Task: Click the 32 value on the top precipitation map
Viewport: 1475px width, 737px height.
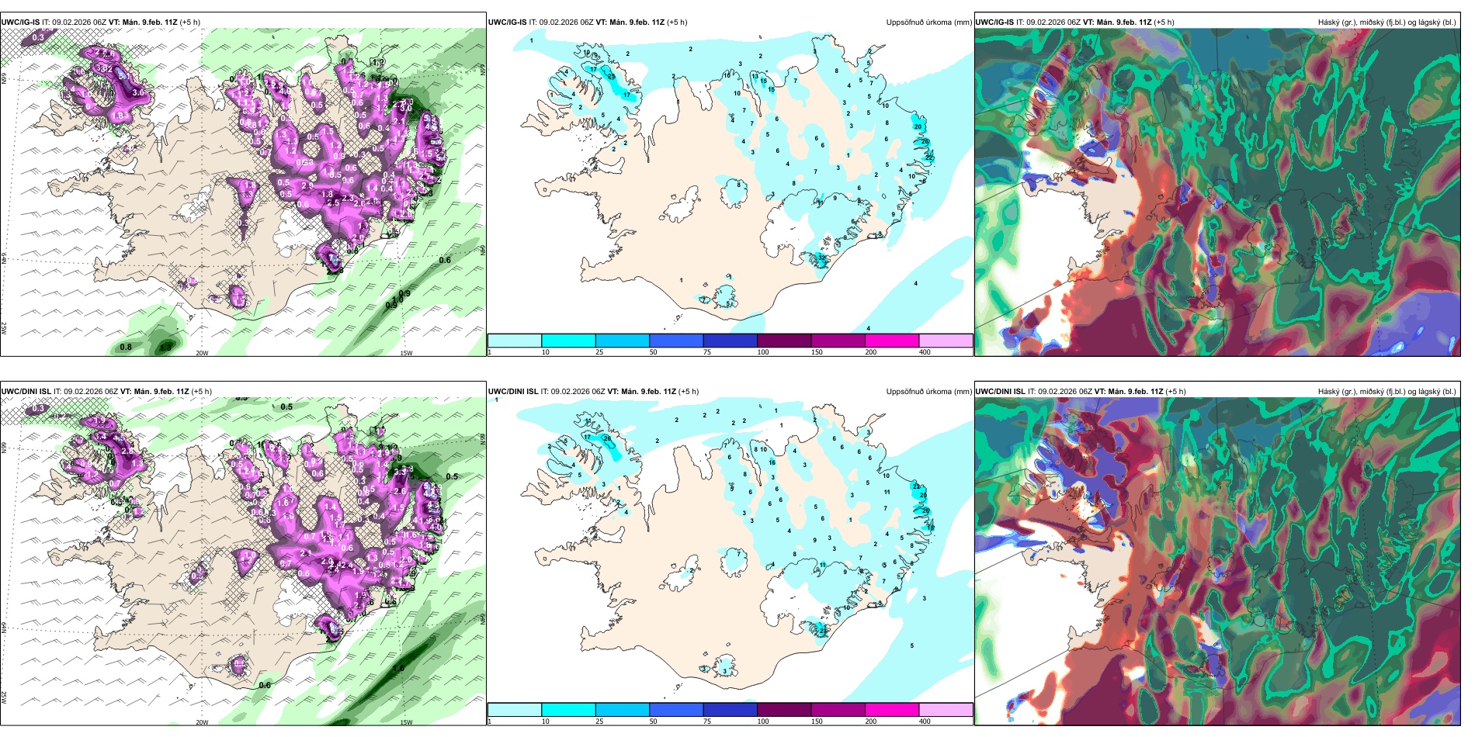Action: click(x=822, y=257)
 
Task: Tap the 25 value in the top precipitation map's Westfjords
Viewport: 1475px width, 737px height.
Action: click(x=611, y=76)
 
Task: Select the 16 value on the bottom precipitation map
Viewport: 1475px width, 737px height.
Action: click(x=772, y=462)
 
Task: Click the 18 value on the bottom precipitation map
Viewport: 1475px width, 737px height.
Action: click(x=931, y=528)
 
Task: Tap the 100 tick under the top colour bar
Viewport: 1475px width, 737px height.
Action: click(x=763, y=352)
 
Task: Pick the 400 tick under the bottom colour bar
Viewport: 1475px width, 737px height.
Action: click(x=925, y=721)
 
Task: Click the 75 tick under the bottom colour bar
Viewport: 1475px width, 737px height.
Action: click(x=707, y=721)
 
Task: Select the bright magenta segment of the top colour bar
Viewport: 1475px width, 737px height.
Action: click(x=892, y=341)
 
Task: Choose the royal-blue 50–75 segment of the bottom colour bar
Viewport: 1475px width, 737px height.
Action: click(x=676, y=710)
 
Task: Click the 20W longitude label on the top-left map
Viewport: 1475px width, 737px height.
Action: click(x=202, y=353)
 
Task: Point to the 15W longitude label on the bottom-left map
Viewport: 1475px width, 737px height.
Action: click(x=406, y=722)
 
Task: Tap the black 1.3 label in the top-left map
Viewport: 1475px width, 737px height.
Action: click(x=165, y=347)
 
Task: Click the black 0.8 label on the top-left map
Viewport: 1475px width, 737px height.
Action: click(x=126, y=347)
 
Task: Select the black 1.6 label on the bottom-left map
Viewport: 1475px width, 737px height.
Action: click(x=399, y=668)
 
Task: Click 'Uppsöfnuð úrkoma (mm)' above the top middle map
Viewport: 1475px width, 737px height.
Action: click(x=928, y=22)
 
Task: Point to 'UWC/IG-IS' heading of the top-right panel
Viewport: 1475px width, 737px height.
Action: click(x=994, y=22)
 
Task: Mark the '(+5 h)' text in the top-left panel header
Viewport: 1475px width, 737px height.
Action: click(x=189, y=22)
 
